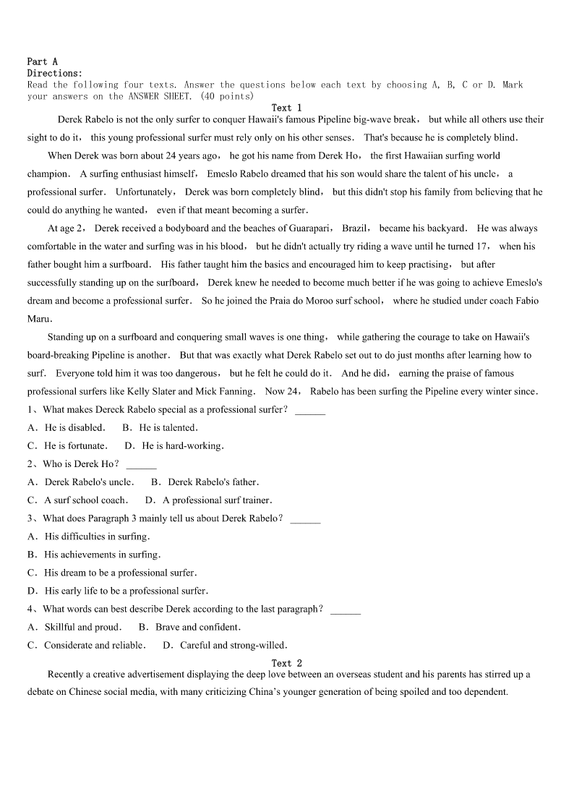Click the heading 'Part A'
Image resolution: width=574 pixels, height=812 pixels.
42,61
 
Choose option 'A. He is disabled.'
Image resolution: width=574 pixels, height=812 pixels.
66,427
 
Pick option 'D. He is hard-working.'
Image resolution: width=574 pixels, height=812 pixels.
174,445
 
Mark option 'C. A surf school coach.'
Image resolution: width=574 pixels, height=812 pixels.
77,500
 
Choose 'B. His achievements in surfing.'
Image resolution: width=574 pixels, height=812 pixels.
94,555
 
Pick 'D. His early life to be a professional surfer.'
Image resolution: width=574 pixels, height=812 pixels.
118,591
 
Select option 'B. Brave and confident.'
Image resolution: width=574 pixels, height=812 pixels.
189,627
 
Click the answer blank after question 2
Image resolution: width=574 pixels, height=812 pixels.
141,465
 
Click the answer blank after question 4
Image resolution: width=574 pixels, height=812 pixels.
345,610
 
